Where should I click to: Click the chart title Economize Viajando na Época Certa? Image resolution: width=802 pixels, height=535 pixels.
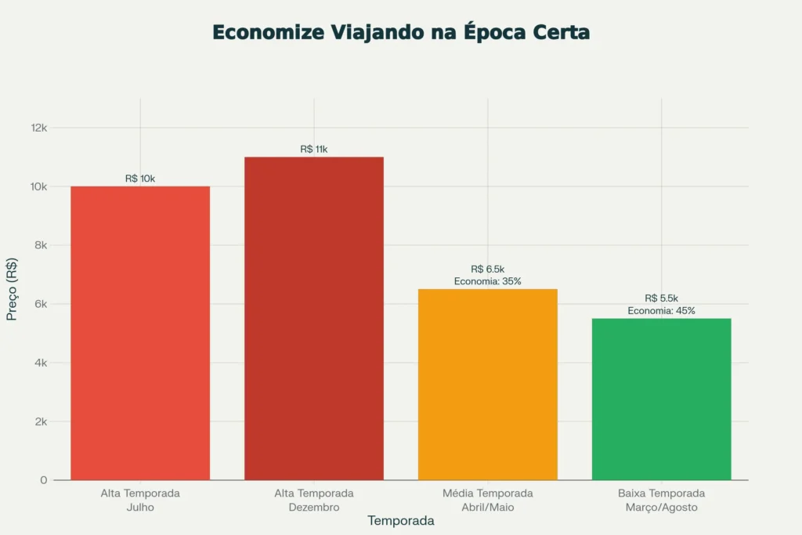pos(401,33)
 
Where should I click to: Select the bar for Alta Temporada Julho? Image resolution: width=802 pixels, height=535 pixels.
pos(140,333)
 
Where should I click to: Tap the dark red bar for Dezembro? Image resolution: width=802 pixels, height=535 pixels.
pos(314,318)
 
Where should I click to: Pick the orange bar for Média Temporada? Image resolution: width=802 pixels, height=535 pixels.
pos(487,384)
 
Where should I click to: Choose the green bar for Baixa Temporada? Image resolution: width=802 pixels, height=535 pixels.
pos(661,399)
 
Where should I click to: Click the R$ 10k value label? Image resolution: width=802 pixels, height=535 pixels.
pos(140,179)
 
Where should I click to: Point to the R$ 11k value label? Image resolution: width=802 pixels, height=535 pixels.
pos(314,149)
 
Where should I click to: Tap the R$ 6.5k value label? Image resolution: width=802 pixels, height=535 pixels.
pos(487,269)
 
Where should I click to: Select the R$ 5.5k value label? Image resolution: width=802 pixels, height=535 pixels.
pos(661,298)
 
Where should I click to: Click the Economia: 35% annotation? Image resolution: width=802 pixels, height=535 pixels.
pos(487,281)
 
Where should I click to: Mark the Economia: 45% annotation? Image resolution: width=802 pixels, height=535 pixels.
pos(661,310)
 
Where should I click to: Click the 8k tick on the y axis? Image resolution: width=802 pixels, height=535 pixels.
pos(40,245)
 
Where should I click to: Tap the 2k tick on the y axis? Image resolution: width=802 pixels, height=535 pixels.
pos(40,421)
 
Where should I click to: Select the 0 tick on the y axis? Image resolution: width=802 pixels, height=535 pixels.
pos(44,480)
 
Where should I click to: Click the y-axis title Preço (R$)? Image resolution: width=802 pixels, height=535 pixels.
pos(13,289)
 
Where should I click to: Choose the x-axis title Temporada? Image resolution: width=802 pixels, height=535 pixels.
pos(401,521)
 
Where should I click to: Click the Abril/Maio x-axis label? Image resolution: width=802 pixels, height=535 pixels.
pos(487,507)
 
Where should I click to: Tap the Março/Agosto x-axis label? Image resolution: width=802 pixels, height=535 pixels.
pos(661,507)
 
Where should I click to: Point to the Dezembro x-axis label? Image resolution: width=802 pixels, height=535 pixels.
pos(314,507)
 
